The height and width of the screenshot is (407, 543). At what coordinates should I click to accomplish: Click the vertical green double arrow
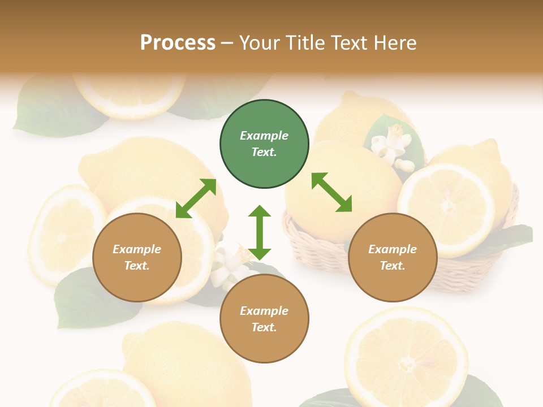point(260,232)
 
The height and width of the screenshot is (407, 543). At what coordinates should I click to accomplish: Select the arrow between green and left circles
point(196,198)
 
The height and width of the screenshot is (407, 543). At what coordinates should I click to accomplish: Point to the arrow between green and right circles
point(331,192)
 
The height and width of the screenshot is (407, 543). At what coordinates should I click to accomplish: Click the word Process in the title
point(178,42)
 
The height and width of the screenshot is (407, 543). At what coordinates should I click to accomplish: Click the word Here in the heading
point(396,42)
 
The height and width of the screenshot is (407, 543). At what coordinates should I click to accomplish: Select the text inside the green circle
point(264,144)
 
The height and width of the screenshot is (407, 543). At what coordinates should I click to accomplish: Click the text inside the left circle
point(137,257)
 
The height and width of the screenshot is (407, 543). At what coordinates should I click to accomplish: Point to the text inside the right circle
point(393,257)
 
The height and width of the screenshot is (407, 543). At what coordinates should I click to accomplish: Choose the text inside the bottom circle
point(264,319)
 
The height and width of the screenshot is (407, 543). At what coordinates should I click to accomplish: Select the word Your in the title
point(261,42)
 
